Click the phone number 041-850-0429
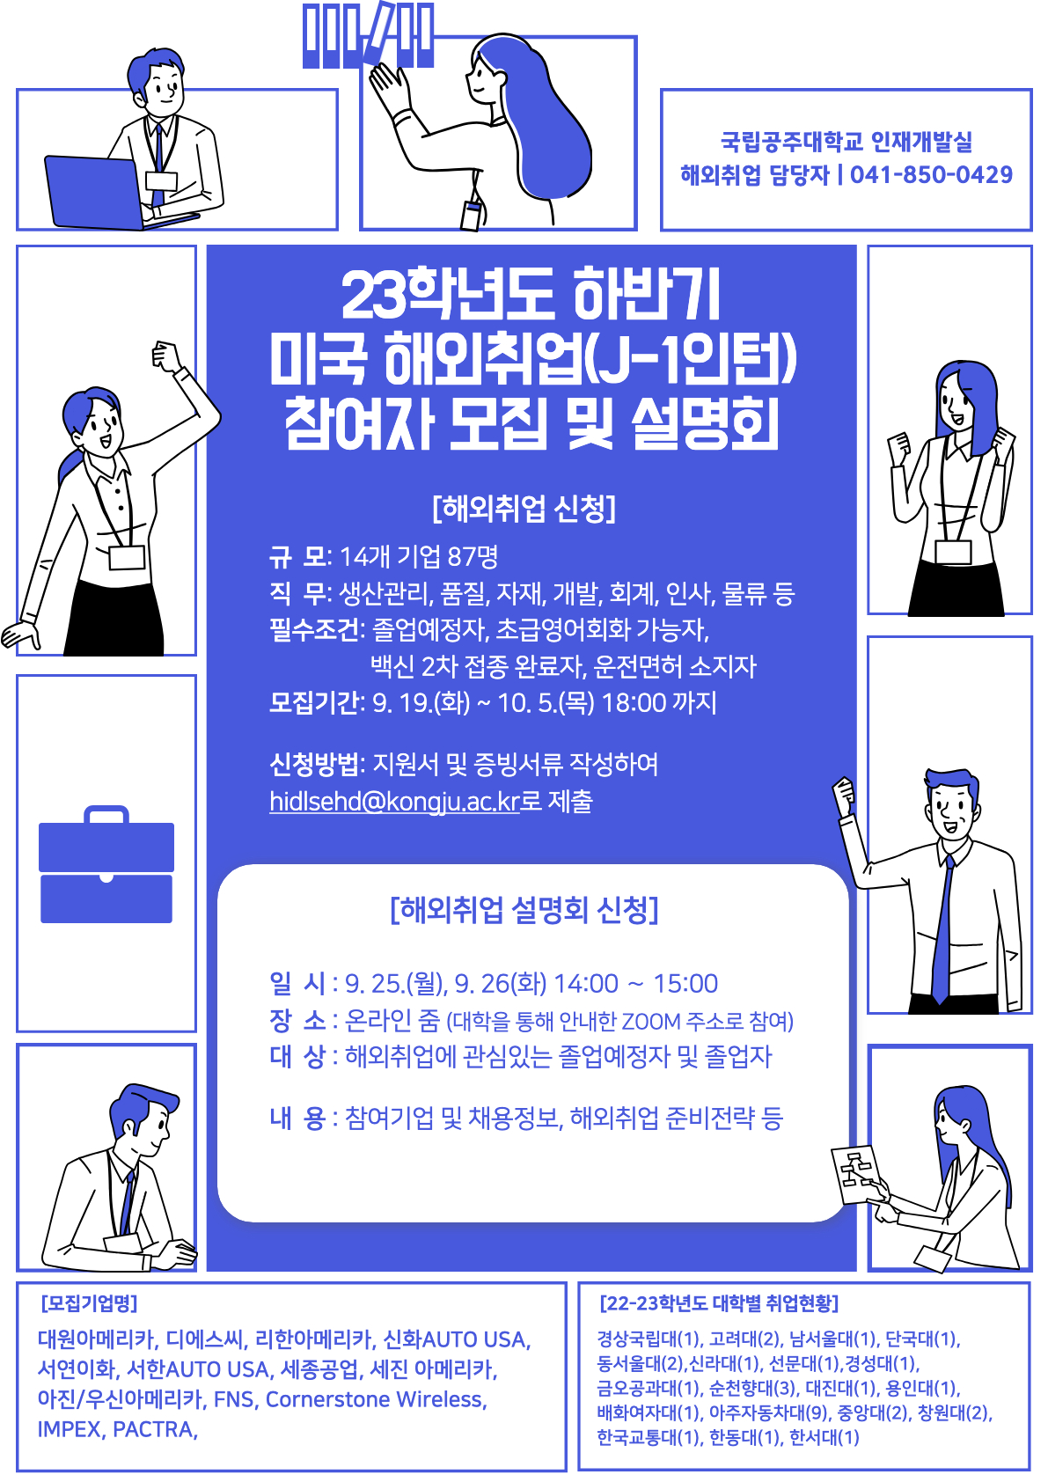pos(931,174)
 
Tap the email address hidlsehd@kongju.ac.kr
pos(394,801)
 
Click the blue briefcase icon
pos(106,864)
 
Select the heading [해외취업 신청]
pos(524,508)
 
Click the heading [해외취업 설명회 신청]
pos(524,910)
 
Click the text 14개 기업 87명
pos(419,556)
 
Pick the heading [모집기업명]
pos(89,1303)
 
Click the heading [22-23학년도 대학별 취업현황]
pos(719,1303)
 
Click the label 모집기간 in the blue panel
pos(314,702)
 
